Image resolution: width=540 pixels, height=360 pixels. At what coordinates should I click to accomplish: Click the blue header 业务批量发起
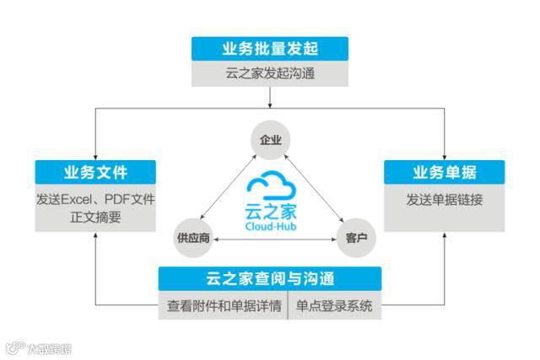270,48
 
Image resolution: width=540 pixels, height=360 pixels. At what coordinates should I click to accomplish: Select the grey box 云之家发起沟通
270,73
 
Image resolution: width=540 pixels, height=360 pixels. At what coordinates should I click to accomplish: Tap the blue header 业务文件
95,173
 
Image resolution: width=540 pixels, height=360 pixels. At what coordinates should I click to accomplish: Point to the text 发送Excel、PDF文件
95,200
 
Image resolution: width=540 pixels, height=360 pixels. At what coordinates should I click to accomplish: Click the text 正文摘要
95,218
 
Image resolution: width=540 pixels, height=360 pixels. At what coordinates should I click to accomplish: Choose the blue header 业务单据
445,173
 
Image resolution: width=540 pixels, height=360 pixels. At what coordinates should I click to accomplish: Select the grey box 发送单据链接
445,200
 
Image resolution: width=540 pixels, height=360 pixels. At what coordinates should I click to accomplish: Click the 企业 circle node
270,137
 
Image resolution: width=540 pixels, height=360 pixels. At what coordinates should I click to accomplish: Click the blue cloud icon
270,185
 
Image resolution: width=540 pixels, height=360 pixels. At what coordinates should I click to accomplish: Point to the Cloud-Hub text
270,227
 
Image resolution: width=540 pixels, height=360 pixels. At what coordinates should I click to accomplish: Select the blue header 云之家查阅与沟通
270,279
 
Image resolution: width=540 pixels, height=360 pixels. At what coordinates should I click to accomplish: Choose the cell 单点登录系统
335,305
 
